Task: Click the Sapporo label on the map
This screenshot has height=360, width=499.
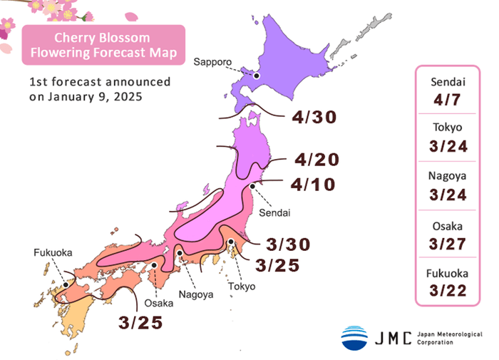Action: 213,62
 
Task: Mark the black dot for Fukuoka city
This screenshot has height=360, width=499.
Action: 66,284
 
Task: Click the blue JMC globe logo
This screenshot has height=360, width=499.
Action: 354,338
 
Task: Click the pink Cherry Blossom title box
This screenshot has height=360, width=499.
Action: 103,45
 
